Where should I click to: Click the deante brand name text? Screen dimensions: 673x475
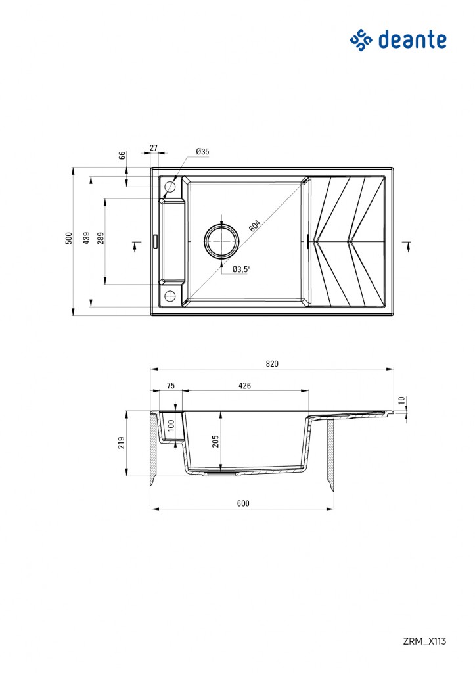413,39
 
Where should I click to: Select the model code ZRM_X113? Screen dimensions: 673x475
425,641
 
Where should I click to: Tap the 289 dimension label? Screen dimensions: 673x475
100,238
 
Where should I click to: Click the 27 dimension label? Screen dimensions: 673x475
154,149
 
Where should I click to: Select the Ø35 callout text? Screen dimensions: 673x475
202,152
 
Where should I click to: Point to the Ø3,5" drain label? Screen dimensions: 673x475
242,268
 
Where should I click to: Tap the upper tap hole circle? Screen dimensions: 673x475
170,187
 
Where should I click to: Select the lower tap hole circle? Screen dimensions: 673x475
170,294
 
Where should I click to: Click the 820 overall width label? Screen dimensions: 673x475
272,363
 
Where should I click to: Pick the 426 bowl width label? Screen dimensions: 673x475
244,386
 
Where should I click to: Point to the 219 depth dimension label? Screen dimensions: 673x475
121,444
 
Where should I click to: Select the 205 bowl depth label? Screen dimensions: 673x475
215,442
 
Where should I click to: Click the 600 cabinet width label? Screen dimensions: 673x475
242,503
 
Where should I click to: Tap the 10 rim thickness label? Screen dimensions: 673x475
401,400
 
